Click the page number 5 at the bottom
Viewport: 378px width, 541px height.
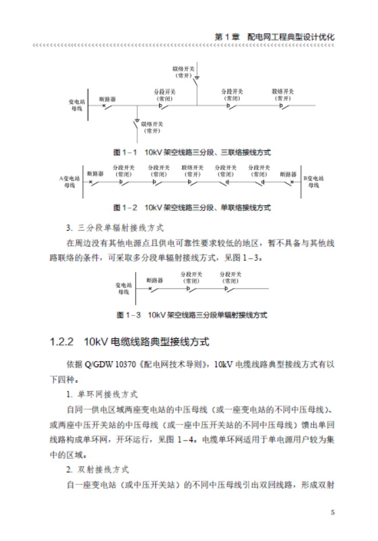pyautogui.click(x=332, y=512)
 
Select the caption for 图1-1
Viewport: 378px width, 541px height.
pyautogui.click(x=192, y=152)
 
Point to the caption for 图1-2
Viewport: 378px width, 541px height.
pyautogui.click(x=192, y=208)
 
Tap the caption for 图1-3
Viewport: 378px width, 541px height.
pyautogui.click(x=192, y=315)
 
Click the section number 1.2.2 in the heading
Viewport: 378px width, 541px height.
pyautogui.click(x=62, y=341)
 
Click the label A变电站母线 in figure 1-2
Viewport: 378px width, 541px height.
pyautogui.click(x=70, y=182)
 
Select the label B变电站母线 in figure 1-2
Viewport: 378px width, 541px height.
pyautogui.click(x=314, y=182)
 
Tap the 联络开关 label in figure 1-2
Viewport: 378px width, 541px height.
pyautogui.click(x=192, y=170)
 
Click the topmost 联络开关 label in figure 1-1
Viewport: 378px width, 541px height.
pyautogui.click(x=183, y=71)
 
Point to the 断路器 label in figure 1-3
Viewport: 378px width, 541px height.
pyautogui.click(x=154, y=280)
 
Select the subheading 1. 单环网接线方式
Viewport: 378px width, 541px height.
pyautogui.click(x=102, y=395)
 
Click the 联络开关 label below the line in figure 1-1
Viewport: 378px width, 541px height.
pyautogui.click(x=152, y=127)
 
